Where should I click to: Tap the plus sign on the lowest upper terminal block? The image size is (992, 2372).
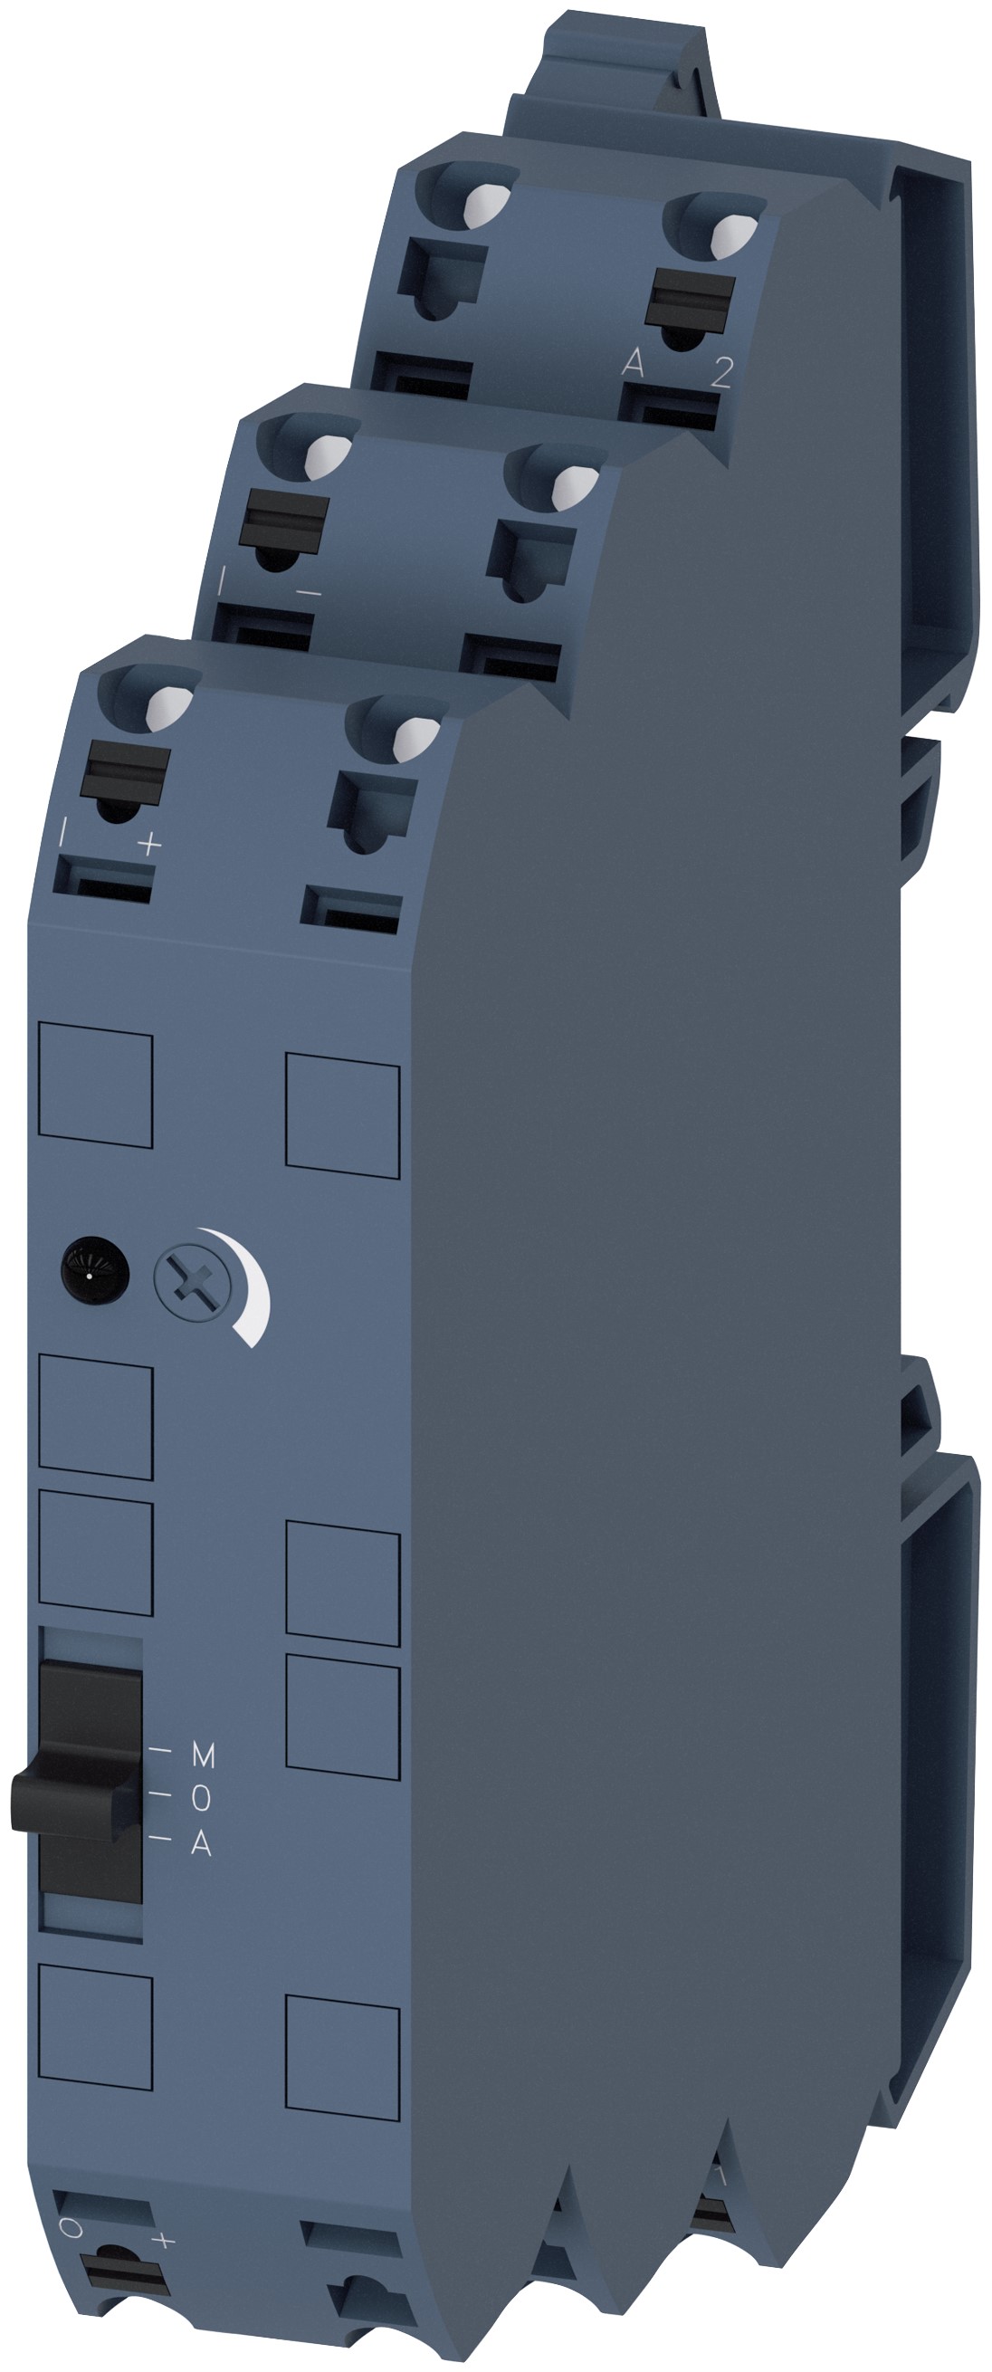[x=148, y=844]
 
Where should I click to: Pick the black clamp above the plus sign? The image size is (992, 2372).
[x=127, y=767]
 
